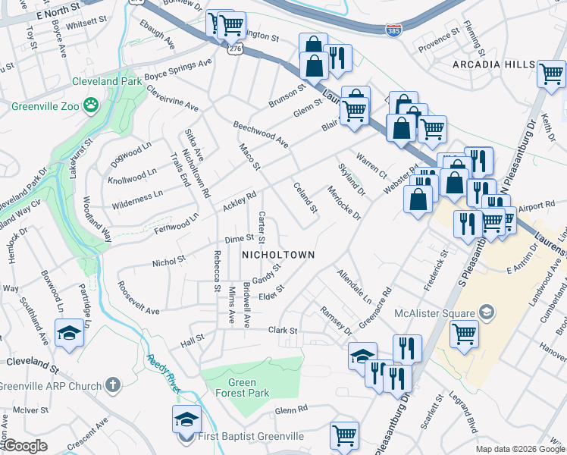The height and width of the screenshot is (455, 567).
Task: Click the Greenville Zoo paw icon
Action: click(x=92, y=105)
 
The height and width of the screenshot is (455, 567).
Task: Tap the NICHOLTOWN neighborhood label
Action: click(x=277, y=255)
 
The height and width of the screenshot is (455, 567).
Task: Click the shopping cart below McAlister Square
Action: click(x=464, y=332)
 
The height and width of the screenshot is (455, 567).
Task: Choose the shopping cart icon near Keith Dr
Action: click(x=551, y=74)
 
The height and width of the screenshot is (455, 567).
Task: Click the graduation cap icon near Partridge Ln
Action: click(x=69, y=334)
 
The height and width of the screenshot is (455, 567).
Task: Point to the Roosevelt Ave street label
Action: click(x=138, y=300)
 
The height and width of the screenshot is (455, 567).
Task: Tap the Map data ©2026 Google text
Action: click(x=519, y=449)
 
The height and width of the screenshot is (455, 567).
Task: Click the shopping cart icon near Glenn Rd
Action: click(x=344, y=435)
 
